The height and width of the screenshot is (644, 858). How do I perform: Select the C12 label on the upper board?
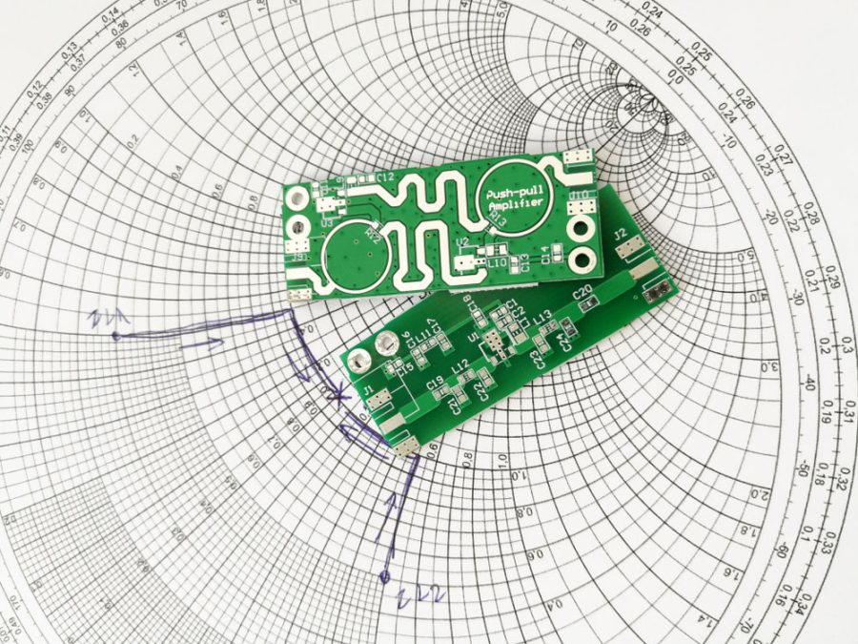[x=385, y=177]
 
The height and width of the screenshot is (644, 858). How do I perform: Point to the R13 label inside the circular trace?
[x=497, y=221]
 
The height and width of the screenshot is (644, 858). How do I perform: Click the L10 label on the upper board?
[x=498, y=260]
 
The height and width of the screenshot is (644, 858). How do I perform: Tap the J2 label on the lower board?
[x=619, y=235]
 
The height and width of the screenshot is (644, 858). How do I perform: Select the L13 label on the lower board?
[x=542, y=319]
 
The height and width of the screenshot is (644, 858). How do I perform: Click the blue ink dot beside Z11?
[x=115, y=336]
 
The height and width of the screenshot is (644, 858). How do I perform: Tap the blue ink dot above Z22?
[x=383, y=576]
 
